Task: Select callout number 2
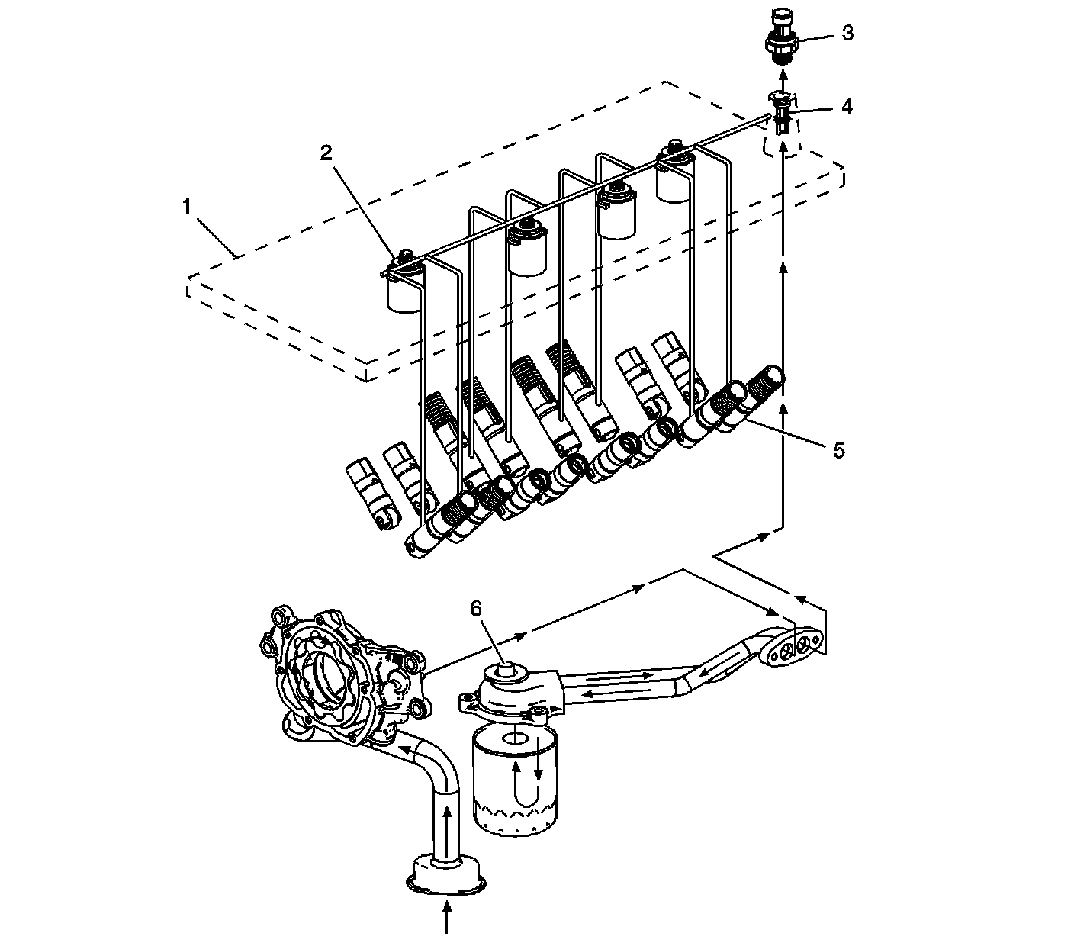coord(326,153)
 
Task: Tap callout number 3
coord(847,34)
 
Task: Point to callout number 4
coord(847,106)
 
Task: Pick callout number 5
coord(839,450)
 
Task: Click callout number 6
coord(476,608)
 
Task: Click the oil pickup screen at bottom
coord(447,874)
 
